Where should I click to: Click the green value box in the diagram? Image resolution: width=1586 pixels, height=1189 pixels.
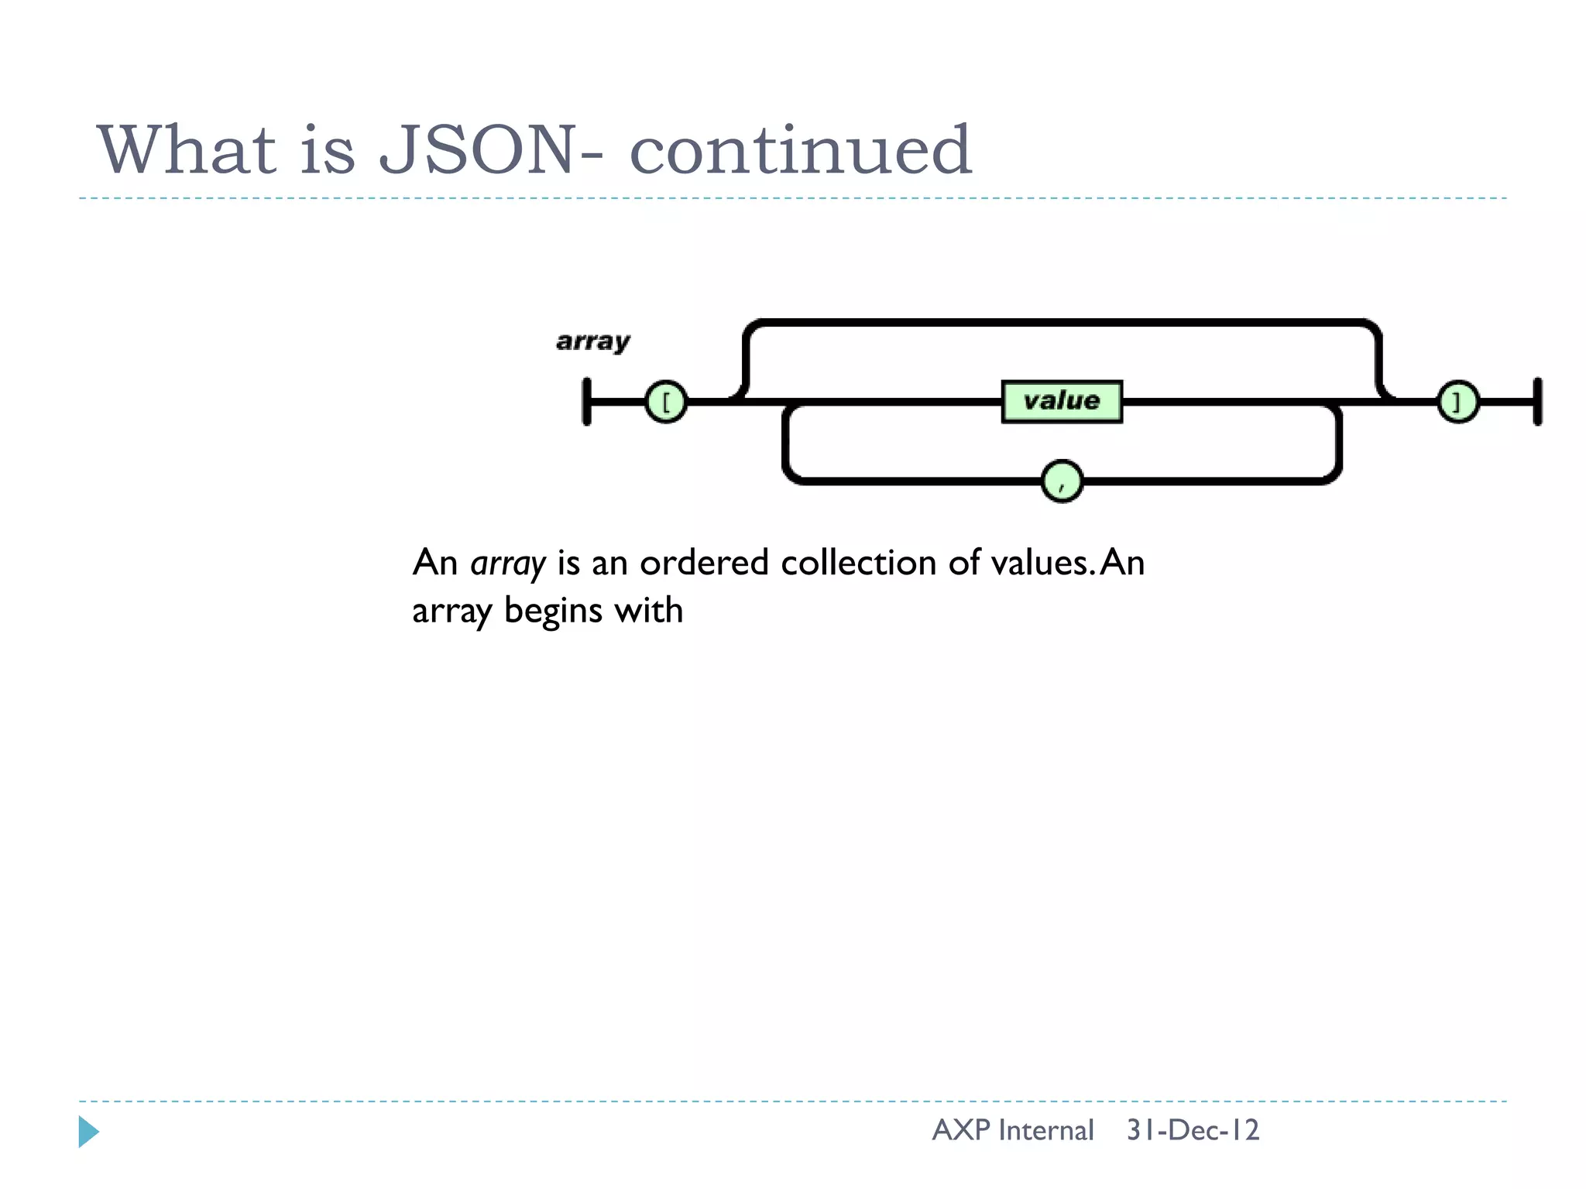point(1062,401)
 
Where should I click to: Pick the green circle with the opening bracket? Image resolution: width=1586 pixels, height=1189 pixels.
point(665,402)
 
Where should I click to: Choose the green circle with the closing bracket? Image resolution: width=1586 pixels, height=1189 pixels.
point(1457,402)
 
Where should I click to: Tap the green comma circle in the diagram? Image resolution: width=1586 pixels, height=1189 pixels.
point(1062,481)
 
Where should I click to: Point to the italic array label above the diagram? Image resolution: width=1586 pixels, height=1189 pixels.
point(593,341)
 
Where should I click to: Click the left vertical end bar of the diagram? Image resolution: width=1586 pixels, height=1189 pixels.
point(587,402)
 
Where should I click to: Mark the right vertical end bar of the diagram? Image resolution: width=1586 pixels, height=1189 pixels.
point(1537,402)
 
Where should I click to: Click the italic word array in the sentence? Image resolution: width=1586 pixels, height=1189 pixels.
point(508,564)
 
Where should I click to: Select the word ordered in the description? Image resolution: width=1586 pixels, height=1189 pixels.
point(703,563)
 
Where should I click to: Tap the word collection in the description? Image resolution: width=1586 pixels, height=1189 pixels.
point(859,563)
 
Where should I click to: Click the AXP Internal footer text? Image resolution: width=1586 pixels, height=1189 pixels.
point(1013,1130)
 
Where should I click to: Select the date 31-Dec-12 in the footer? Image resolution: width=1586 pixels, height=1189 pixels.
point(1193,1130)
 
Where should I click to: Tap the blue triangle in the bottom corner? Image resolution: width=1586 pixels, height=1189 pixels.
point(88,1132)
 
